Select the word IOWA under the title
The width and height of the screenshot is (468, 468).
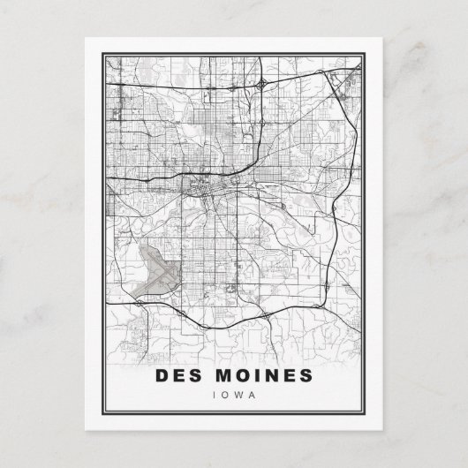pyautogui.click(x=234, y=394)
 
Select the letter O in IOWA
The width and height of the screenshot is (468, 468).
pyautogui.click(x=226, y=394)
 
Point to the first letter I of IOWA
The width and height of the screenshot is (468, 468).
pyautogui.click(x=215, y=394)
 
